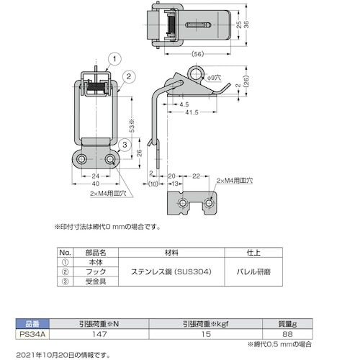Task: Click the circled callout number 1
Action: point(114,58)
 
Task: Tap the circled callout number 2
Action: point(127,76)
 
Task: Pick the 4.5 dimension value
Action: point(175,104)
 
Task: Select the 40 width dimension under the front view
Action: point(95,183)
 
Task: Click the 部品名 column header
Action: point(96,253)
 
